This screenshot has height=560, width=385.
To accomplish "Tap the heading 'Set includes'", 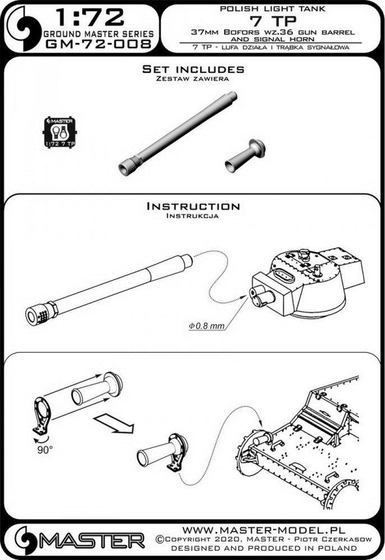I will click(193, 69).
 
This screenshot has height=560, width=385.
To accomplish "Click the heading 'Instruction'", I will click(193, 206).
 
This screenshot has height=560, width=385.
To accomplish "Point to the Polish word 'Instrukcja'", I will click(193, 216).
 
